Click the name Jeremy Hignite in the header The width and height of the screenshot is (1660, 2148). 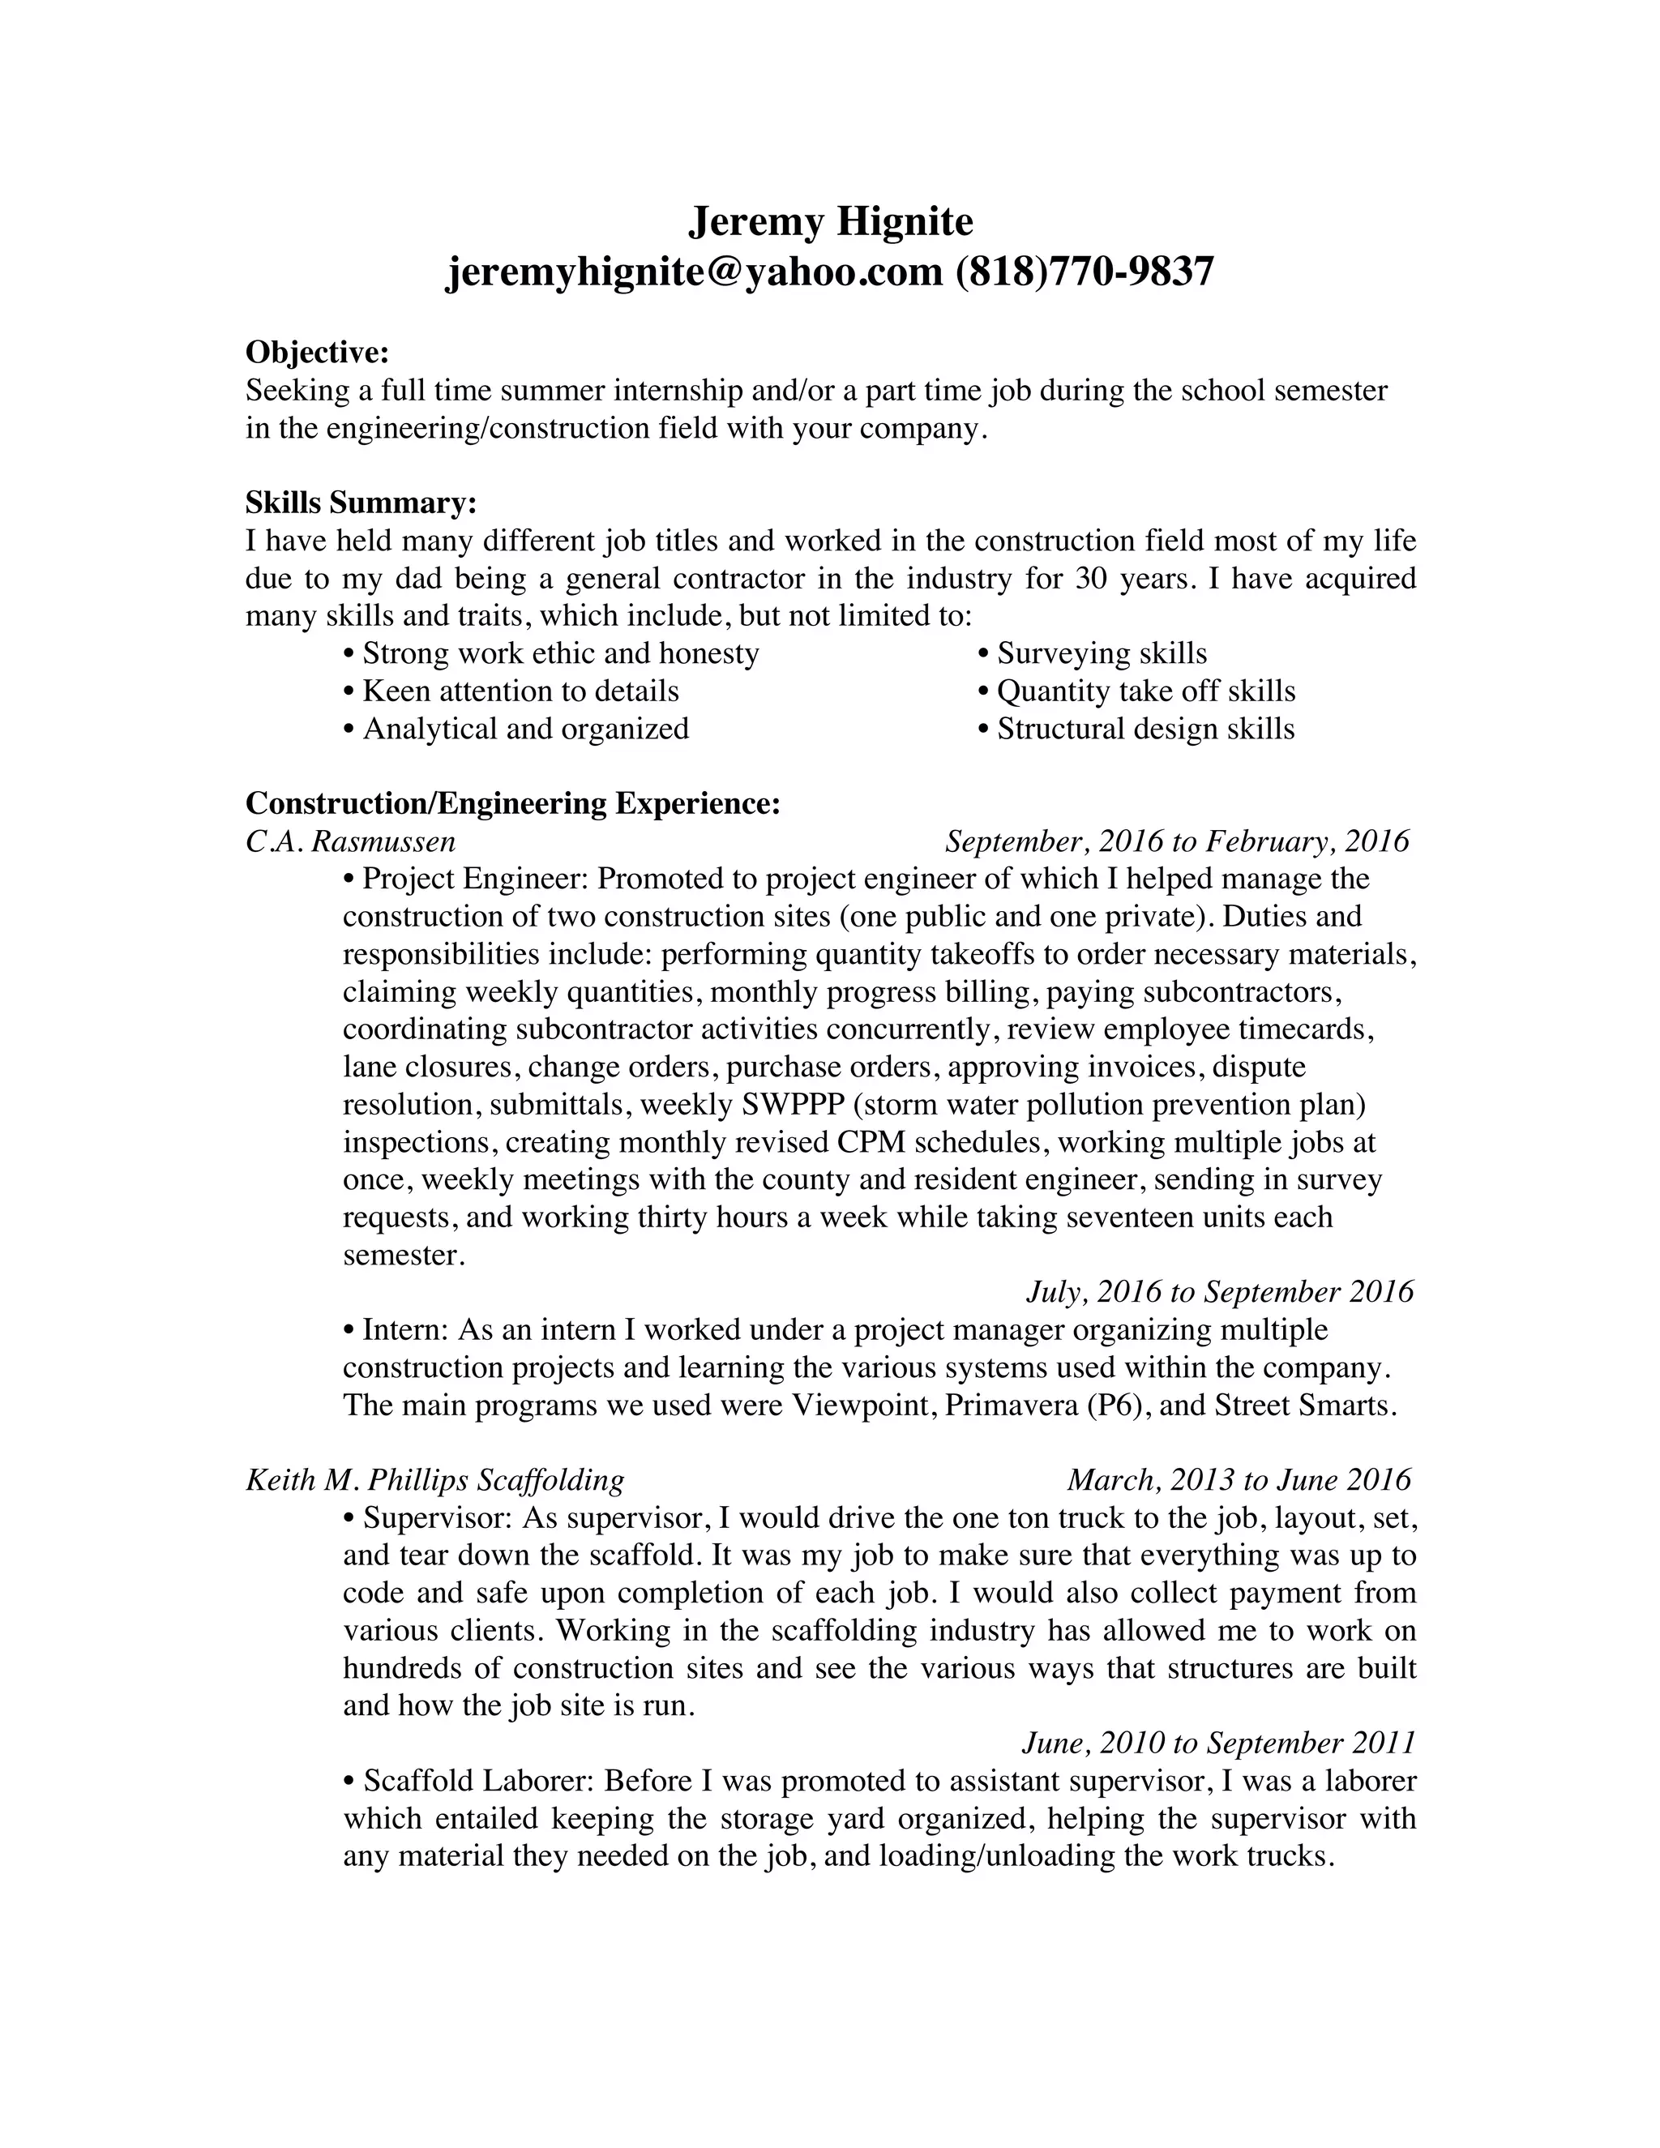point(830,222)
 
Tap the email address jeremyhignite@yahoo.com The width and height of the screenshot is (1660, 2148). point(695,272)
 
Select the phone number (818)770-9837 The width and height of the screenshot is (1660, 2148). point(1085,272)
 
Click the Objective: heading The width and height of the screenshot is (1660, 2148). point(317,352)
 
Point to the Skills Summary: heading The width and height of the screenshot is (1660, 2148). point(360,503)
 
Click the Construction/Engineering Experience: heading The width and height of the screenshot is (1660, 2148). point(512,803)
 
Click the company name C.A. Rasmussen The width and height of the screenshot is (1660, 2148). point(350,842)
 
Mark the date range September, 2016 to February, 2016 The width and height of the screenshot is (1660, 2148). point(1176,842)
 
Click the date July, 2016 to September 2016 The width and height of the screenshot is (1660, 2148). point(1219,1292)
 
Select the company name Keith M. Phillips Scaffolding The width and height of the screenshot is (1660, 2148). point(434,1480)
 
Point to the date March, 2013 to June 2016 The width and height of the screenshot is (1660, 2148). point(1239,1480)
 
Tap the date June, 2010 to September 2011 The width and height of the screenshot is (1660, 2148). point(1218,1743)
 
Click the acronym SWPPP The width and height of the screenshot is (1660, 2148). point(793,1105)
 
